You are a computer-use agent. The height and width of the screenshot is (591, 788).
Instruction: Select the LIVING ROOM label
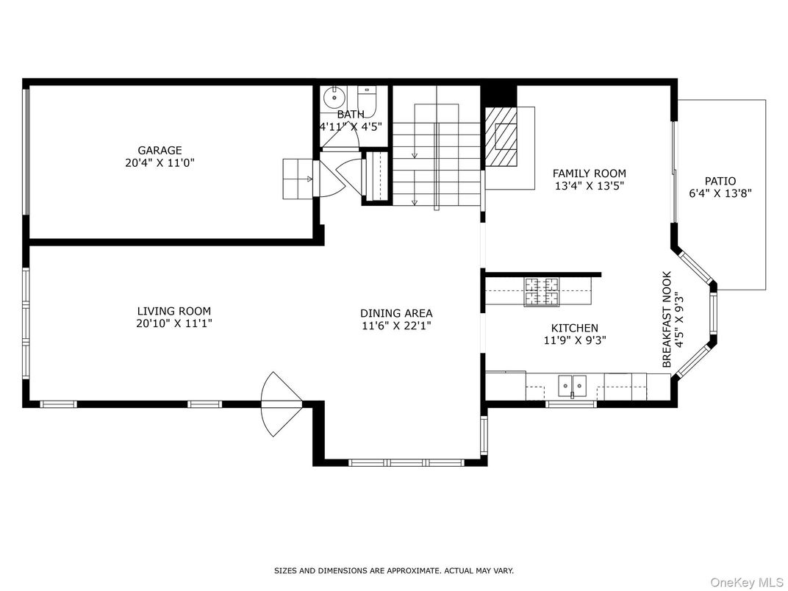coord(173,311)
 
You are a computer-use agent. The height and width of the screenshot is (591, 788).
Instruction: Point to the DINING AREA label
coord(396,312)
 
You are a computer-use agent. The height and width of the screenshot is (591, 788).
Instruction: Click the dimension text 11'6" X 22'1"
coord(396,325)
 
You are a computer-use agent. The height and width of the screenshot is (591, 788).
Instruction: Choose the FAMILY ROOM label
coord(590,173)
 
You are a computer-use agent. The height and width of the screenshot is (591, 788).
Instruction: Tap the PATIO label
coord(720,181)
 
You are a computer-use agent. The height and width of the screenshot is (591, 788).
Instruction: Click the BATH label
coord(351,115)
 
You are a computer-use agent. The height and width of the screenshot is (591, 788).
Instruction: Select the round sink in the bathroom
coord(334,96)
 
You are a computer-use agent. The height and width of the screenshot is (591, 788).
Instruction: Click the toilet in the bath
coord(367,101)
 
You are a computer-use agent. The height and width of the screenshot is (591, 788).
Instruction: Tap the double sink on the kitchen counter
coord(571,384)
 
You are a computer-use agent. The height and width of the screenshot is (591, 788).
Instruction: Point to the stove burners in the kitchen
coord(541,291)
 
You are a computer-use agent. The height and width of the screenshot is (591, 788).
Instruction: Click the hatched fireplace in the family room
coord(502,137)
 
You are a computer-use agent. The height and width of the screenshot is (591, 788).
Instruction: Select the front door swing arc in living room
coord(279,404)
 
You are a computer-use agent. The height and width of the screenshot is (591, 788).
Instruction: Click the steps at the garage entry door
coord(299,179)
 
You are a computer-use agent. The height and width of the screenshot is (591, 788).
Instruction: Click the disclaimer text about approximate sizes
coord(394,570)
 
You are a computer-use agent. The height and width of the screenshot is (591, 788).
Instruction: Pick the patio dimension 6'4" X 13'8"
coord(720,193)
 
